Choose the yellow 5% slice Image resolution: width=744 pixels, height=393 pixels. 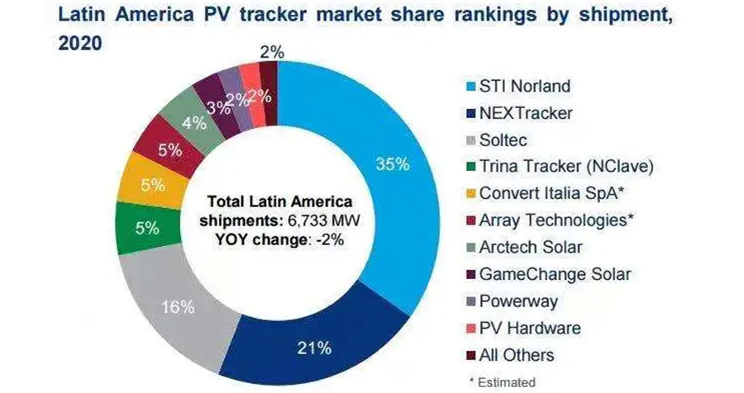(x=150, y=186)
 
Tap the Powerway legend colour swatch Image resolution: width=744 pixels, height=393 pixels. (x=467, y=301)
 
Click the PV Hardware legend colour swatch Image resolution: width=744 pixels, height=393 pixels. (x=467, y=328)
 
